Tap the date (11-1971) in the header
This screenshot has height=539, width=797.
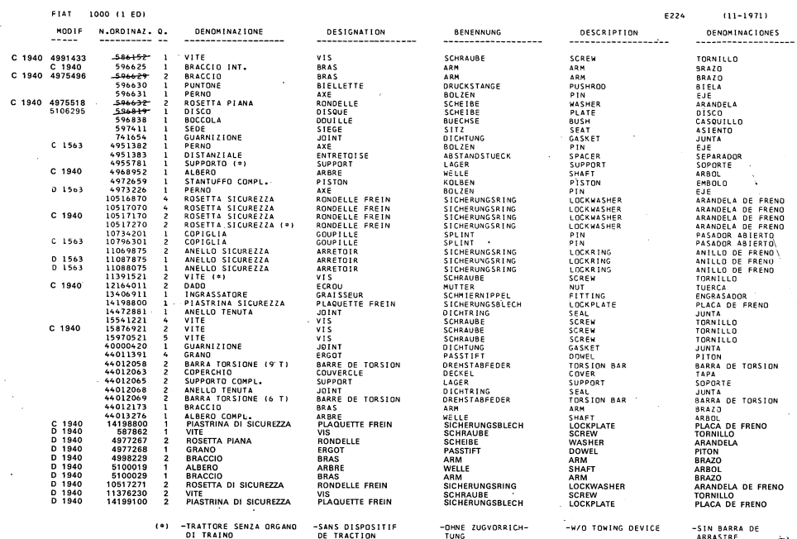coord(737,14)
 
